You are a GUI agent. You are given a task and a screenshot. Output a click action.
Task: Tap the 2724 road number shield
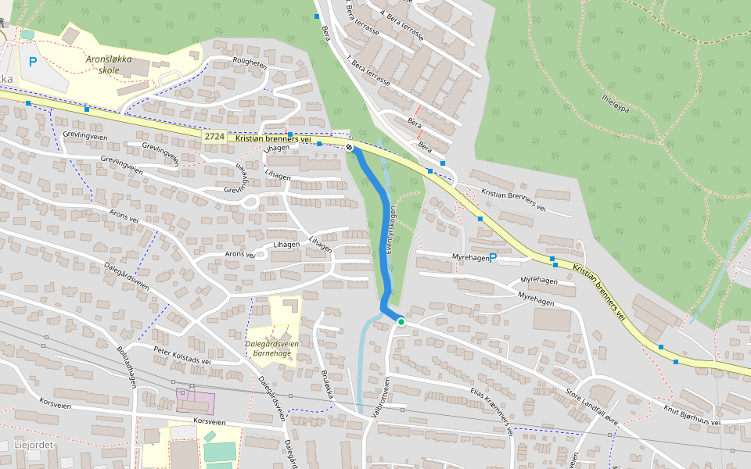click(215, 137)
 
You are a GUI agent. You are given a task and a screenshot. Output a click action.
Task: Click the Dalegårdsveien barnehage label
click(272, 348)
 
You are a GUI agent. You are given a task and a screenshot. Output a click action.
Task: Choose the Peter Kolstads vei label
click(182, 356)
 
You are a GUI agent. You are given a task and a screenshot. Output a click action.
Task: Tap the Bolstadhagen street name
click(127, 363)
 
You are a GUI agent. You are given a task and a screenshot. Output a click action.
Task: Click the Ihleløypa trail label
click(616, 103)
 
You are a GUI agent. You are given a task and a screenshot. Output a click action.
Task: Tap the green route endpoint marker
click(401, 321)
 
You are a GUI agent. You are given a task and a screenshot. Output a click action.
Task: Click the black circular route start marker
click(349, 147)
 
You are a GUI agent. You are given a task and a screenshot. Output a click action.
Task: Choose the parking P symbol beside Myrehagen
click(493, 257)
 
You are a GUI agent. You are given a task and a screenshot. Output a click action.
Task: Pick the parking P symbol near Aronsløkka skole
click(32, 61)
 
